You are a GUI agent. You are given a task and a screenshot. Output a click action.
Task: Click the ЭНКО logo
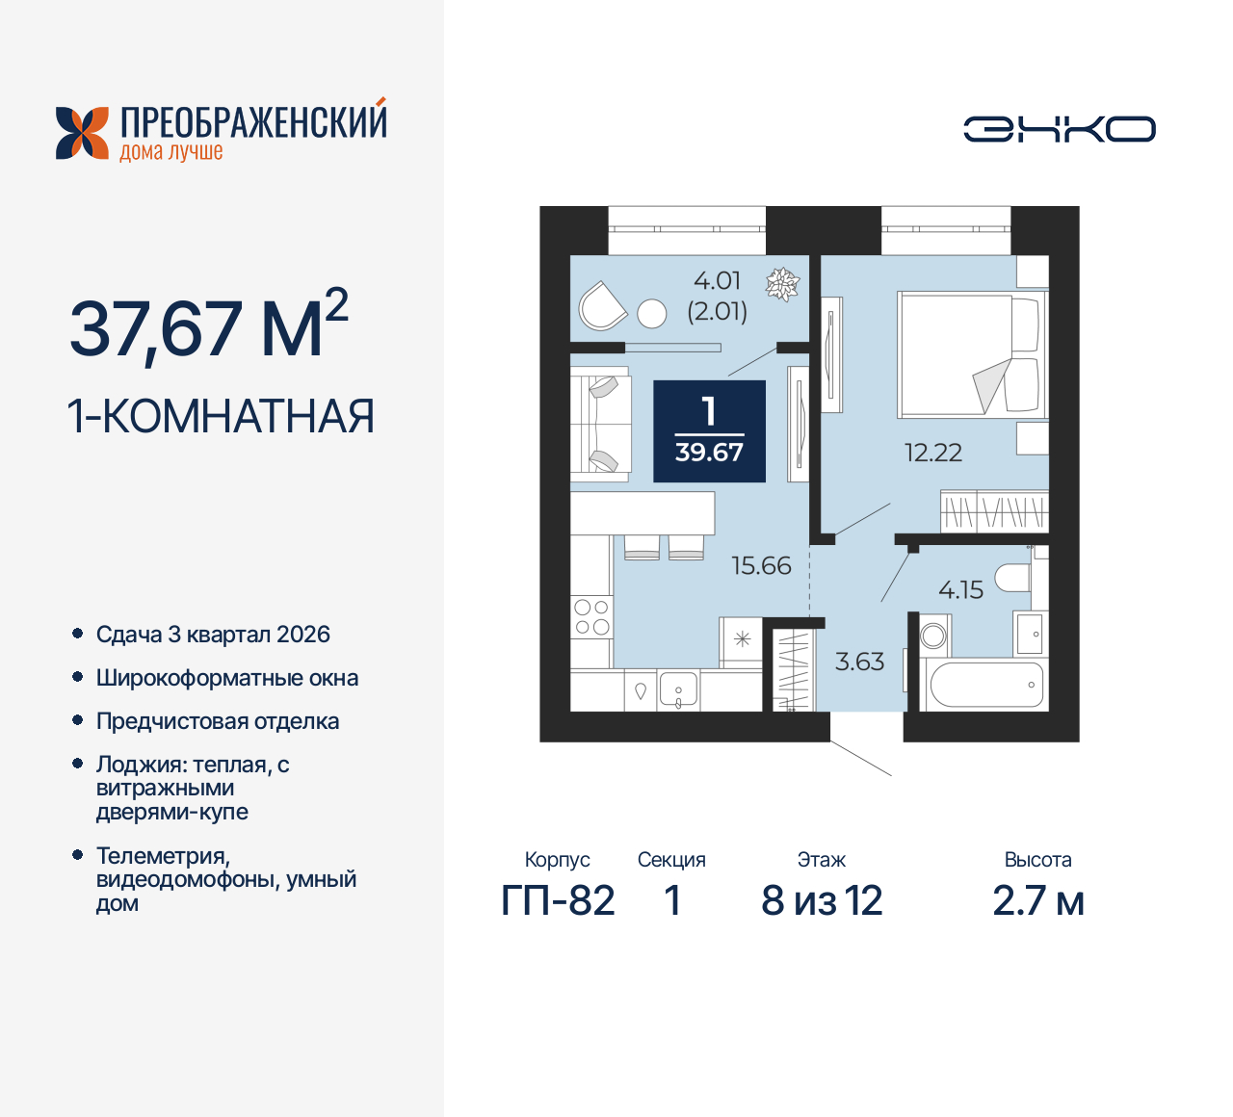pyautogui.click(x=1060, y=129)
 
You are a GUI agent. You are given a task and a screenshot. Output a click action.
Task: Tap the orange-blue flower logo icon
pyautogui.click(x=82, y=133)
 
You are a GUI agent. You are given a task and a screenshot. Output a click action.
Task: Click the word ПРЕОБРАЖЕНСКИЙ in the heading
pyautogui.click(x=253, y=122)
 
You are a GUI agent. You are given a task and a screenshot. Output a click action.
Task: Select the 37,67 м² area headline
pyautogui.click(x=208, y=328)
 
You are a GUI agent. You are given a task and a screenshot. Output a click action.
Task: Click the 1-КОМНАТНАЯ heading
pyautogui.click(x=221, y=417)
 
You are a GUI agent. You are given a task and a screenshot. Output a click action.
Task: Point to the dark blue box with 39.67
pyautogui.click(x=709, y=431)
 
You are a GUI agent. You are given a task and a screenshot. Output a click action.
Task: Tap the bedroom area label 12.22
pyautogui.click(x=932, y=453)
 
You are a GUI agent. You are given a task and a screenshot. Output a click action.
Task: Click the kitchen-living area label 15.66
pyautogui.click(x=761, y=565)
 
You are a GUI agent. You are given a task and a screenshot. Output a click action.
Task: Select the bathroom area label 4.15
pyautogui.click(x=960, y=589)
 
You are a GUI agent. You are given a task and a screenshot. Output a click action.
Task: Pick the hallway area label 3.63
pyautogui.click(x=859, y=662)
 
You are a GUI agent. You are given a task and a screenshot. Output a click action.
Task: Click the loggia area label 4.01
pyautogui.click(x=718, y=281)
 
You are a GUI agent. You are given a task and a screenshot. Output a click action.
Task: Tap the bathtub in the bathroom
pyautogui.click(x=985, y=685)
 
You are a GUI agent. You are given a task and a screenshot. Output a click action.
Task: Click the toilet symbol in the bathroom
pyautogui.click(x=1013, y=578)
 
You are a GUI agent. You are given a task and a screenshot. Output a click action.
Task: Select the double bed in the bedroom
pyautogui.click(x=969, y=354)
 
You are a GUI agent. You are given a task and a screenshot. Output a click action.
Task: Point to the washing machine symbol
pyautogui.click(x=933, y=636)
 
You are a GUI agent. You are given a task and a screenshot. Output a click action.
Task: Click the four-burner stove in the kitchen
pyautogui.click(x=591, y=617)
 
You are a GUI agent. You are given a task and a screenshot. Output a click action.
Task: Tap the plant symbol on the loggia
pyautogui.click(x=782, y=284)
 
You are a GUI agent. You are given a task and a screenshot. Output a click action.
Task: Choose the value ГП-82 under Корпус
pyautogui.click(x=558, y=901)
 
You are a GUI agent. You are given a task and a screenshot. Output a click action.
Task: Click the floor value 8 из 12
pyautogui.click(x=822, y=901)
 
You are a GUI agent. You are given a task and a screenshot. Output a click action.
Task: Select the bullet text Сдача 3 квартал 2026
pyautogui.click(x=213, y=635)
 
